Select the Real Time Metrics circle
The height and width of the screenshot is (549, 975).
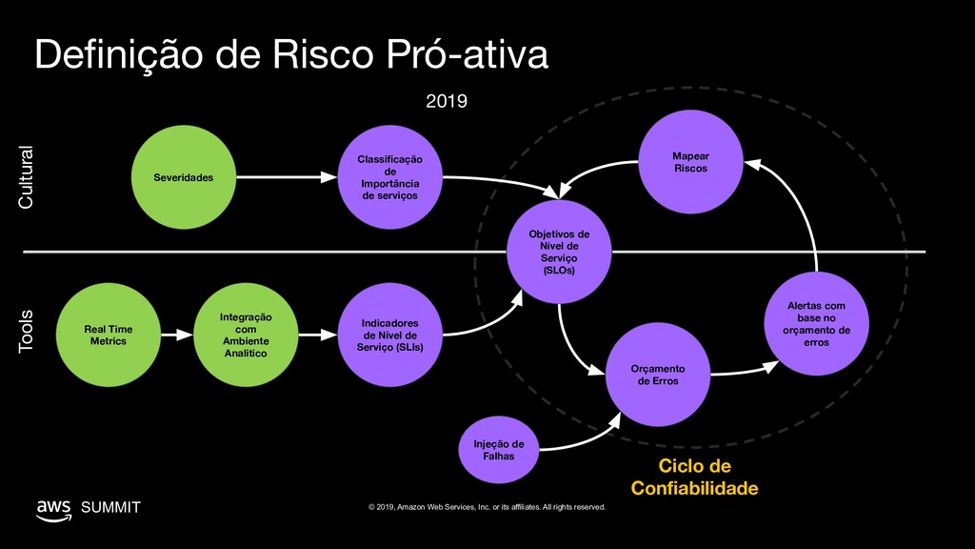pos(108,335)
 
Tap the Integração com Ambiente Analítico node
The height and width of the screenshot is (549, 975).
pos(245,335)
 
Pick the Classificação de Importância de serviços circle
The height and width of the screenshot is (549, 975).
pos(388,176)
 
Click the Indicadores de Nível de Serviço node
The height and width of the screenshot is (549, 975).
pos(388,335)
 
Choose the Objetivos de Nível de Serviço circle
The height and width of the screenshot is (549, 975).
pos(559,252)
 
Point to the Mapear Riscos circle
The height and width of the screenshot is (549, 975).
pos(689,162)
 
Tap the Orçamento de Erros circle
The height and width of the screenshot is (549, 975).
pos(657,375)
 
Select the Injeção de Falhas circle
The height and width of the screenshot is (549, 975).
pos(498,449)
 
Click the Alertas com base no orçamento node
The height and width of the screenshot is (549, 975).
pos(815,324)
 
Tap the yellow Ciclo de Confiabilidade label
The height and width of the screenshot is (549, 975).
pos(694,477)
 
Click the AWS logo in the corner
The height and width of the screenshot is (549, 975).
pos(52,508)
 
